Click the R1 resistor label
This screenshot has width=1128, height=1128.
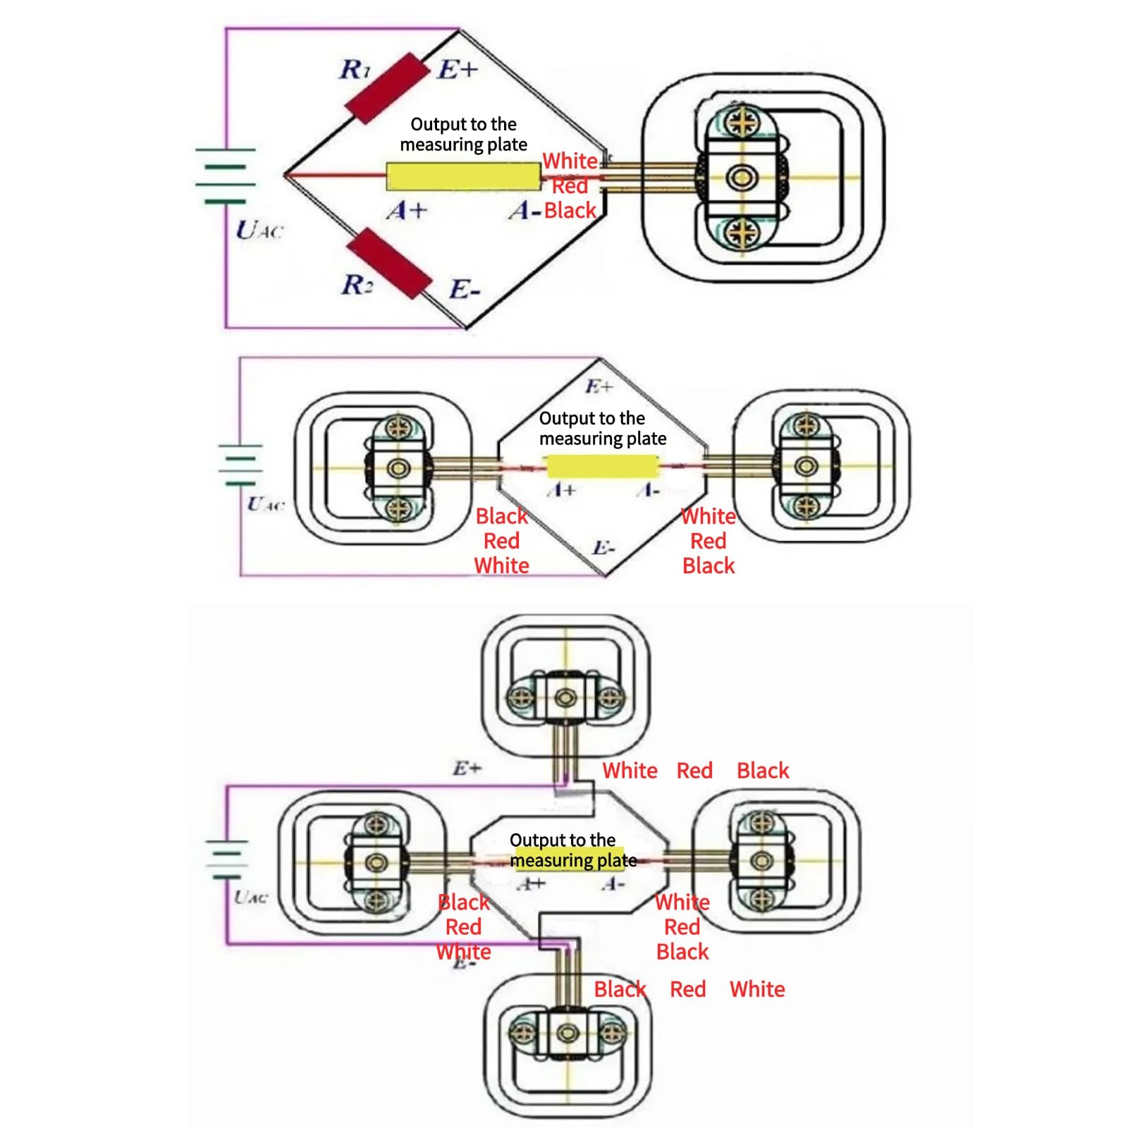[355, 70]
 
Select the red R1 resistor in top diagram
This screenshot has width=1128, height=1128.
[387, 88]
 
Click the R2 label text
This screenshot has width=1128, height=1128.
[357, 285]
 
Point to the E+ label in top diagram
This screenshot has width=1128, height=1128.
[458, 70]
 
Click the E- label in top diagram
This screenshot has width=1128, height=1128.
[465, 290]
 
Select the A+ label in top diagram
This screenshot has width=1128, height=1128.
[407, 210]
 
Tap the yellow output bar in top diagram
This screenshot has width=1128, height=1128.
[463, 176]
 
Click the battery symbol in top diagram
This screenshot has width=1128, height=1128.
[226, 176]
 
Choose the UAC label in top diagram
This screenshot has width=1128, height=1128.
[259, 230]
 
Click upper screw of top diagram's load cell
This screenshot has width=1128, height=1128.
[741, 123]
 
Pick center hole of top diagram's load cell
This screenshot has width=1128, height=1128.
[742, 176]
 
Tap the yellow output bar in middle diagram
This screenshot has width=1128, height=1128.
[603, 467]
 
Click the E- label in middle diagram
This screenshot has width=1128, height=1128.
[603, 548]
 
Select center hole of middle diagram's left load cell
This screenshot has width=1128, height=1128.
[398, 468]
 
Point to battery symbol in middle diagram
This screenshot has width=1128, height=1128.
[240, 465]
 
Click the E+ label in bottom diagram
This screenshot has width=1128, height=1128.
[467, 768]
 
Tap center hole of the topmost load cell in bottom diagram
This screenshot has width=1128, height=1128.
[565, 698]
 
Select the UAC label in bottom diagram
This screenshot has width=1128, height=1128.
[251, 897]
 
